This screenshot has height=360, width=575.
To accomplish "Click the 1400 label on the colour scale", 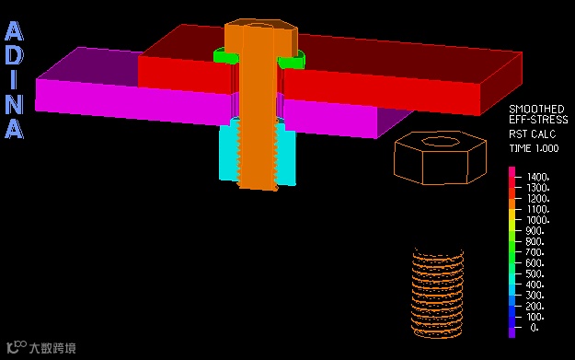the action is click(538, 177).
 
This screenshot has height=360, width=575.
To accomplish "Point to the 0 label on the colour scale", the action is click(535, 328).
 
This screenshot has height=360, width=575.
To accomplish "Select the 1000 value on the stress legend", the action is click(538, 220).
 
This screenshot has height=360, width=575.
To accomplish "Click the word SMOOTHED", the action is click(536, 109).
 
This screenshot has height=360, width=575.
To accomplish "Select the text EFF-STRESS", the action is click(538, 120).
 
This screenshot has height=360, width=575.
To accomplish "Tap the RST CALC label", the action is click(532, 134).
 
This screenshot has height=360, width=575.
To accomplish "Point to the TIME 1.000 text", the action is click(534, 148).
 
